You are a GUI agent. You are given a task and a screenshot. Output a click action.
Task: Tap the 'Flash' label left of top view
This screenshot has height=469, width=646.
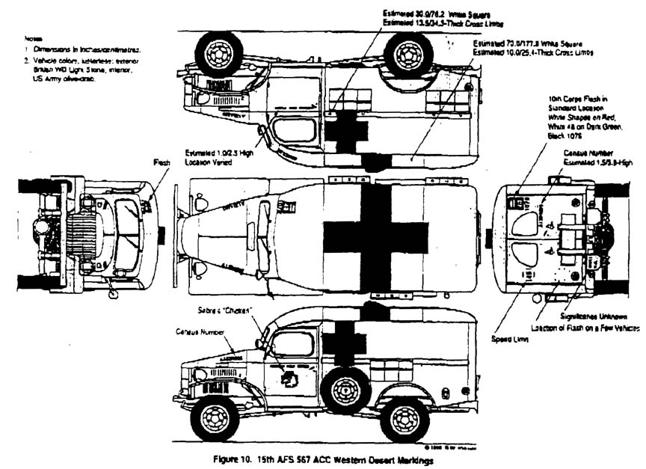point(162,162)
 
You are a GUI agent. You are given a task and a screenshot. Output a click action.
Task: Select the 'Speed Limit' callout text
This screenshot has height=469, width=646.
point(511,340)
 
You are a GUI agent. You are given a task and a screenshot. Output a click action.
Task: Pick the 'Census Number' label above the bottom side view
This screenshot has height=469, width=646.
point(197,330)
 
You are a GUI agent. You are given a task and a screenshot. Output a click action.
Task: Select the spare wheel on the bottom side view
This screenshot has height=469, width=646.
point(345,390)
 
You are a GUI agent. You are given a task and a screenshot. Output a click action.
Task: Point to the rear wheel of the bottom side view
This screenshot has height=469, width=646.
point(404,419)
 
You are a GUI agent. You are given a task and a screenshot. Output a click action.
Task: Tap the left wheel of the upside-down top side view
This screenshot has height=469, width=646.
point(218,54)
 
